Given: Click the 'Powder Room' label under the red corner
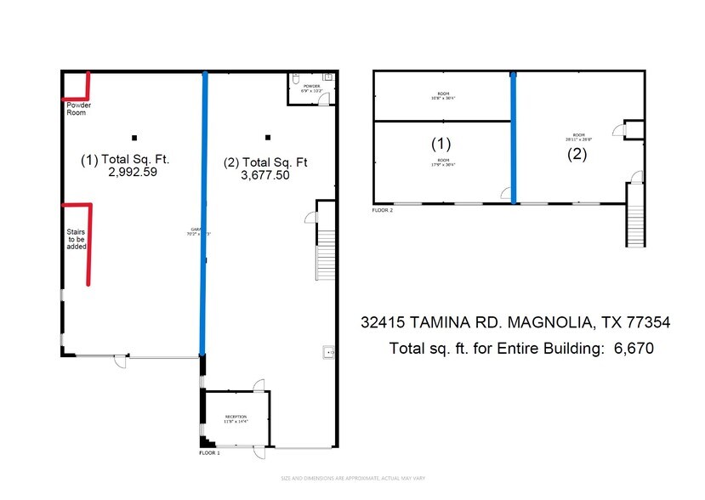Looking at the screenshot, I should pyautogui.click(x=74, y=108).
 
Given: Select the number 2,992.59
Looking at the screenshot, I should pyautogui.click(x=133, y=171).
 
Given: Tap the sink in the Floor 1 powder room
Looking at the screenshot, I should pyautogui.click(x=327, y=78).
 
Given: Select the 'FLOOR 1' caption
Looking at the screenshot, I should pyautogui.click(x=209, y=454).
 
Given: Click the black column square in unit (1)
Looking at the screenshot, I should pyautogui.click(x=134, y=137).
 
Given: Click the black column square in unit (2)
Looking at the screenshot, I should pyautogui.click(x=268, y=137).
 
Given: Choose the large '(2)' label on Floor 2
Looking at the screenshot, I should pyautogui.click(x=577, y=154).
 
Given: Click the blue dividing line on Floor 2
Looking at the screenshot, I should pyautogui.click(x=513, y=136).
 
